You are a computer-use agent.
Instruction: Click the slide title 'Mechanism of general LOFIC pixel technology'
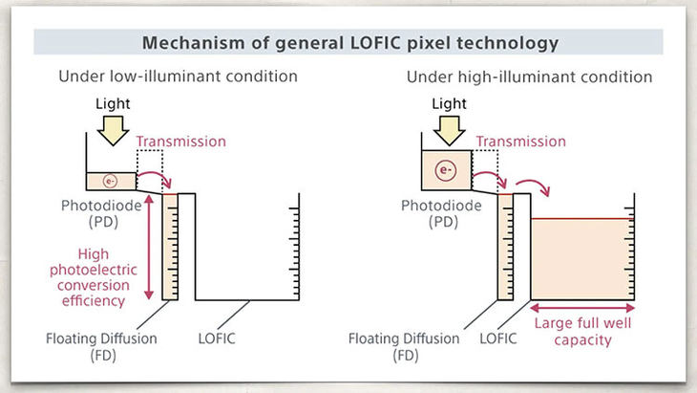pyautogui.click(x=348, y=43)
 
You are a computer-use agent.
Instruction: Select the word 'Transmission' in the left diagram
pyautogui.click(x=181, y=142)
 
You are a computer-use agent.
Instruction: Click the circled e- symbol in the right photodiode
pyautogui.click(x=444, y=171)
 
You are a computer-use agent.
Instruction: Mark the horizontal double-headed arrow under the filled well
pyautogui.click(x=581, y=308)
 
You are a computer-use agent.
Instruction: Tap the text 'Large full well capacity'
pyautogui.click(x=582, y=331)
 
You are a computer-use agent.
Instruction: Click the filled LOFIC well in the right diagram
pyautogui.click(x=581, y=258)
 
